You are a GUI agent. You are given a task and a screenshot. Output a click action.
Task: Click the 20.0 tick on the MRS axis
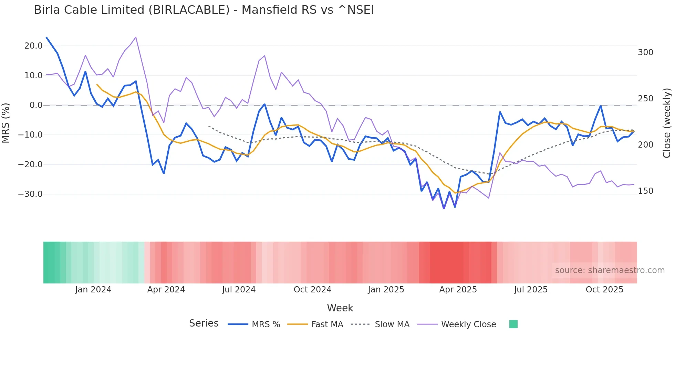point(33,46)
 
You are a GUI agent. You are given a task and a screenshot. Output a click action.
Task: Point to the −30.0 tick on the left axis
point(30,194)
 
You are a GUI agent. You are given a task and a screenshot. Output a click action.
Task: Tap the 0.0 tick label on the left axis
point(36,105)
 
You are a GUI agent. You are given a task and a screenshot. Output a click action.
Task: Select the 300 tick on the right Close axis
point(645,52)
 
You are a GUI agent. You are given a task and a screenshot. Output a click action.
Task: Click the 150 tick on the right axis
point(645,191)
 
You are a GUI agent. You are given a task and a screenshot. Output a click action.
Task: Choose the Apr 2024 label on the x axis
point(166,290)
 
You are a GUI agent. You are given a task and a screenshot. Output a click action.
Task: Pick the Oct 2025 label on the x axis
point(604,290)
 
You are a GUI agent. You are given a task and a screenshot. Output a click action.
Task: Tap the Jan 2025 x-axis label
point(386,290)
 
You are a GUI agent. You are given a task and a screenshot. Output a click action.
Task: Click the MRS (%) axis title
point(6,123)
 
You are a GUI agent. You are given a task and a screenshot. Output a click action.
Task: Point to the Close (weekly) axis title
point(667,123)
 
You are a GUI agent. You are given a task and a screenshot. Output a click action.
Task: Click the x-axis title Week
point(340,308)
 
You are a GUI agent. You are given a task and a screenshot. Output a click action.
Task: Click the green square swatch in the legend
point(513,324)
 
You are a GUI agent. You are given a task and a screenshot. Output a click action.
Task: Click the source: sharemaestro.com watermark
point(610,270)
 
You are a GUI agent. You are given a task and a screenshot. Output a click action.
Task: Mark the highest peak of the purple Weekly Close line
point(136,37)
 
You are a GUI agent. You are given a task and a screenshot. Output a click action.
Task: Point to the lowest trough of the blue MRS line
point(444,208)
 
